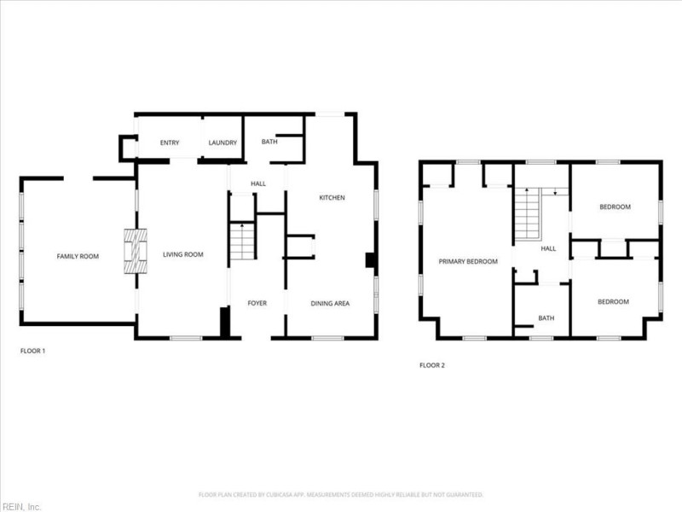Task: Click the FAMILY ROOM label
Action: pyautogui.click(x=78, y=256)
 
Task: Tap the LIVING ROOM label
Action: pyautogui.click(x=182, y=254)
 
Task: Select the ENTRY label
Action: pyautogui.click(x=170, y=143)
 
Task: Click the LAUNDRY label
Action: pyautogui.click(x=223, y=143)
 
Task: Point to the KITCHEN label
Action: pyautogui.click(x=332, y=198)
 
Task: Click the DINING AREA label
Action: pyautogui.click(x=330, y=303)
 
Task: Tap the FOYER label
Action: pyautogui.click(x=257, y=303)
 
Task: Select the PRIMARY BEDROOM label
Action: pyautogui.click(x=468, y=261)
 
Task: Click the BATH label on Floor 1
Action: pyautogui.click(x=269, y=142)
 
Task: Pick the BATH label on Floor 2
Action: pyautogui.click(x=546, y=318)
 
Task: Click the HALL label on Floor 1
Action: pyautogui.click(x=258, y=183)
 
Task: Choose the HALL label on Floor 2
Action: pyautogui.click(x=548, y=248)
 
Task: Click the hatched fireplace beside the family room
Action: pyautogui.click(x=134, y=251)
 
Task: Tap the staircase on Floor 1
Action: pyautogui.click(x=242, y=241)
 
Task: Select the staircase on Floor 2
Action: pyautogui.click(x=528, y=215)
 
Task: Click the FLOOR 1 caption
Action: pyautogui.click(x=32, y=351)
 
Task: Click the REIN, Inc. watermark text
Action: pyautogui.click(x=21, y=506)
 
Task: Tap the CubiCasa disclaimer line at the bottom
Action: pyautogui.click(x=341, y=494)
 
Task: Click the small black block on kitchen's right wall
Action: pyautogui.click(x=371, y=260)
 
